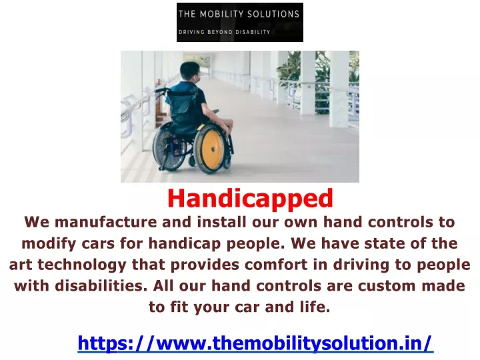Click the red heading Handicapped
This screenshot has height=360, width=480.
[250, 199]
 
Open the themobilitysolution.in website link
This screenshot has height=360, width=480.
[255, 343]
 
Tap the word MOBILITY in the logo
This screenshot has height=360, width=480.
[221, 14]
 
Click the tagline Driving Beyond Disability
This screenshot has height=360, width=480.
[224, 32]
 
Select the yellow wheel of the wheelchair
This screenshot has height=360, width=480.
[211, 149]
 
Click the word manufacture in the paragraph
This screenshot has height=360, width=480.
[105, 221]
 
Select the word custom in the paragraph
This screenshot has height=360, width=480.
[387, 286]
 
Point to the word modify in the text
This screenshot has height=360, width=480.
[49, 244]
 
